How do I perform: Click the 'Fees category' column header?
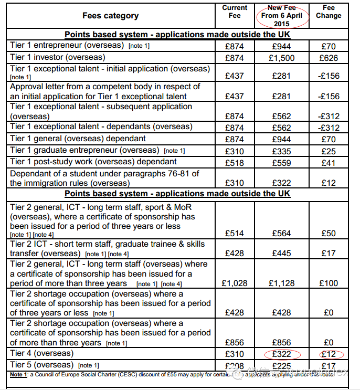pyautogui.click(x=110, y=16)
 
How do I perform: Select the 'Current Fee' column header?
pyautogui.click(x=235, y=12)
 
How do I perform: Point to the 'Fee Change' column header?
pyautogui.click(x=329, y=12)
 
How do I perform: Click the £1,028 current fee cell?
pyautogui.click(x=235, y=283)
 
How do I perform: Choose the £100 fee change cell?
pyautogui.click(x=329, y=283)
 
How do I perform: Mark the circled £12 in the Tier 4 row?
pyautogui.click(x=329, y=354)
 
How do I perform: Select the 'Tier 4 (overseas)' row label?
pyautogui.click(x=42, y=353)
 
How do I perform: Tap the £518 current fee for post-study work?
pyautogui.click(x=235, y=163)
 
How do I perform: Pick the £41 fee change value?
pyautogui.click(x=329, y=163)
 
